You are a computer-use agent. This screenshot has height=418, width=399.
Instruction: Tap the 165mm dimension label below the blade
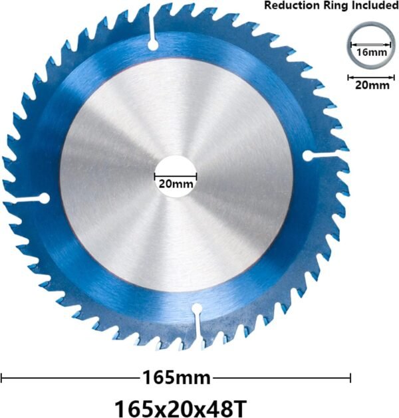[176, 378]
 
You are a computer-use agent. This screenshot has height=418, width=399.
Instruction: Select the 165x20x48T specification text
[176, 405]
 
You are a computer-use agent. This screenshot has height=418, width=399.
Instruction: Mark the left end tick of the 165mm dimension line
[2, 378]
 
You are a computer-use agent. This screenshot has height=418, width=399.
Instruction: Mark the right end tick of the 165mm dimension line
[350, 378]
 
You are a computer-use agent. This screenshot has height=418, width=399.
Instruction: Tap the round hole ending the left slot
[45, 197]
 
